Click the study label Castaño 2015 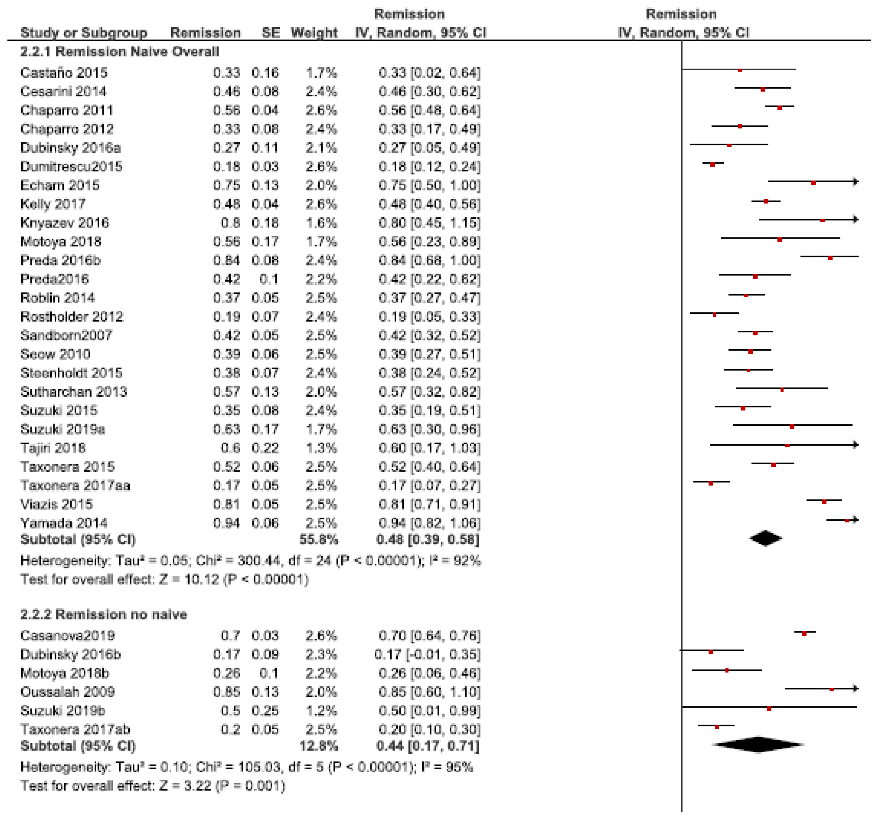coord(64,72)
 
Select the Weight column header coord(314,33)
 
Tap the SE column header coord(270,33)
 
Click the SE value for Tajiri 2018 coord(265,448)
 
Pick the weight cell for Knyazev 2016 coord(321,223)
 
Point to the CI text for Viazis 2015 coord(429,504)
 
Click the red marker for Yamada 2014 coord(847,520)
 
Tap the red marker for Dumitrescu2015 coord(713,164)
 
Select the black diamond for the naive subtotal coord(766,539)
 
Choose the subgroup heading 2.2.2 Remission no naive coord(104,614)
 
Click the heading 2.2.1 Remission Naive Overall coord(119,52)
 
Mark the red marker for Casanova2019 coord(804,633)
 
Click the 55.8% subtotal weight coord(319,540)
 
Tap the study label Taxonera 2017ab coord(75,730)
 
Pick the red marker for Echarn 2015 coord(813,183)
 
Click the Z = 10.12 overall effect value coord(189,580)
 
